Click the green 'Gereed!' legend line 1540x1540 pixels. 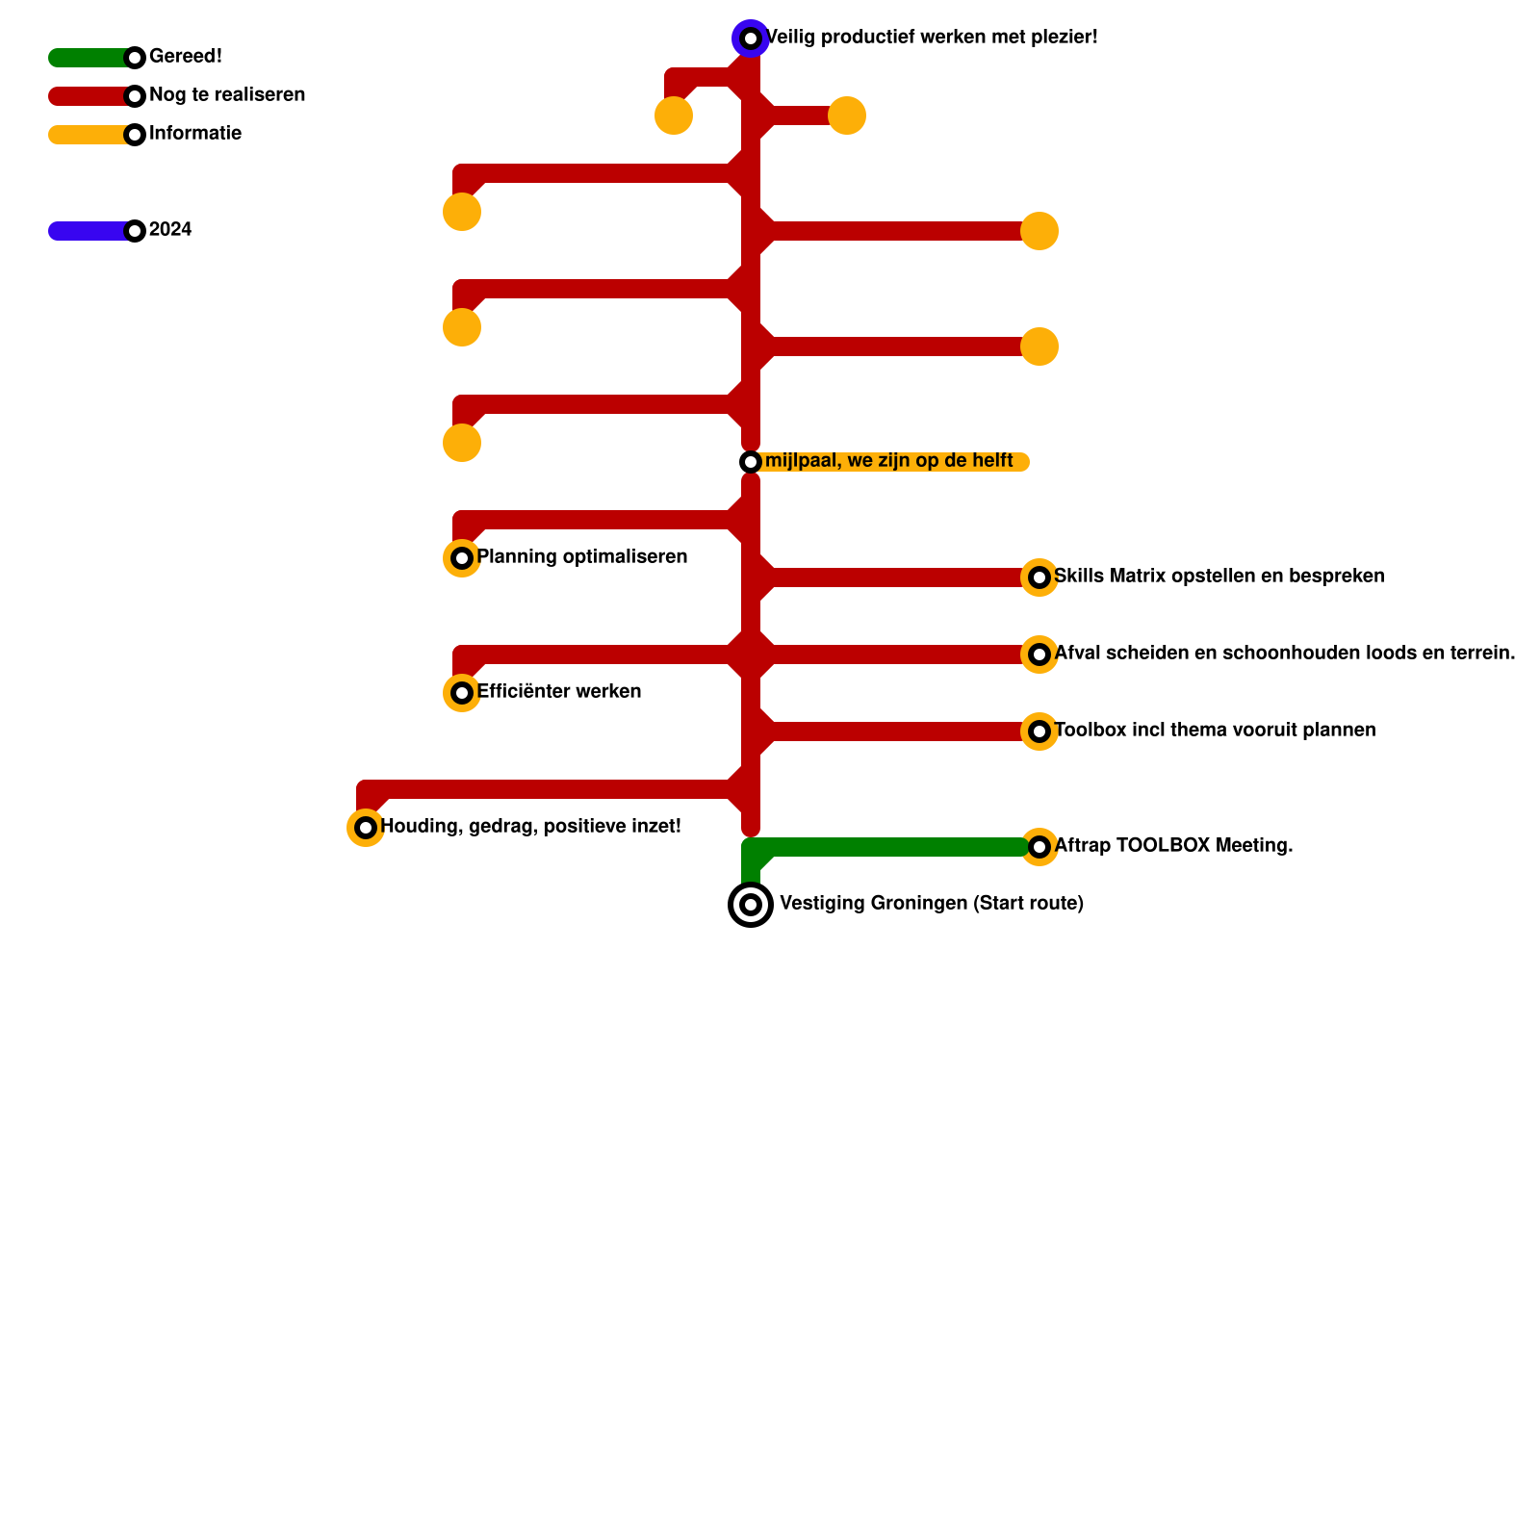pos(87,58)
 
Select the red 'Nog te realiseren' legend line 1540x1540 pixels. pos(87,96)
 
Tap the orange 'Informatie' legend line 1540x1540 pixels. pos(87,135)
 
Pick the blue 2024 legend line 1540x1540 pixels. pos(87,231)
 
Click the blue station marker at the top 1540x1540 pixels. pos(751,38)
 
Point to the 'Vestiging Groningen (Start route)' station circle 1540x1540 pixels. pos(751,905)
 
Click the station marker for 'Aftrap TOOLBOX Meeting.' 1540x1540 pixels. pos(1039,847)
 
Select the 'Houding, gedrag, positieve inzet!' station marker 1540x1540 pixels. pos(366,828)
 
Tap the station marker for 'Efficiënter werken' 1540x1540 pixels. pos(462,693)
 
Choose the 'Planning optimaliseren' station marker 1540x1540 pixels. pos(462,558)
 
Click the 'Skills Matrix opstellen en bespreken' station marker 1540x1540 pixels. pos(1039,577)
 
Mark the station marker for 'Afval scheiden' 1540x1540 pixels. pos(1039,654)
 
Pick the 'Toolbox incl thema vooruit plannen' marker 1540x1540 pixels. pos(1039,731)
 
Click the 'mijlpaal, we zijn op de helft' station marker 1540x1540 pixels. pos(751,462)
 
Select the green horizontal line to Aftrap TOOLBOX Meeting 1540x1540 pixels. pos(895,847)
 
